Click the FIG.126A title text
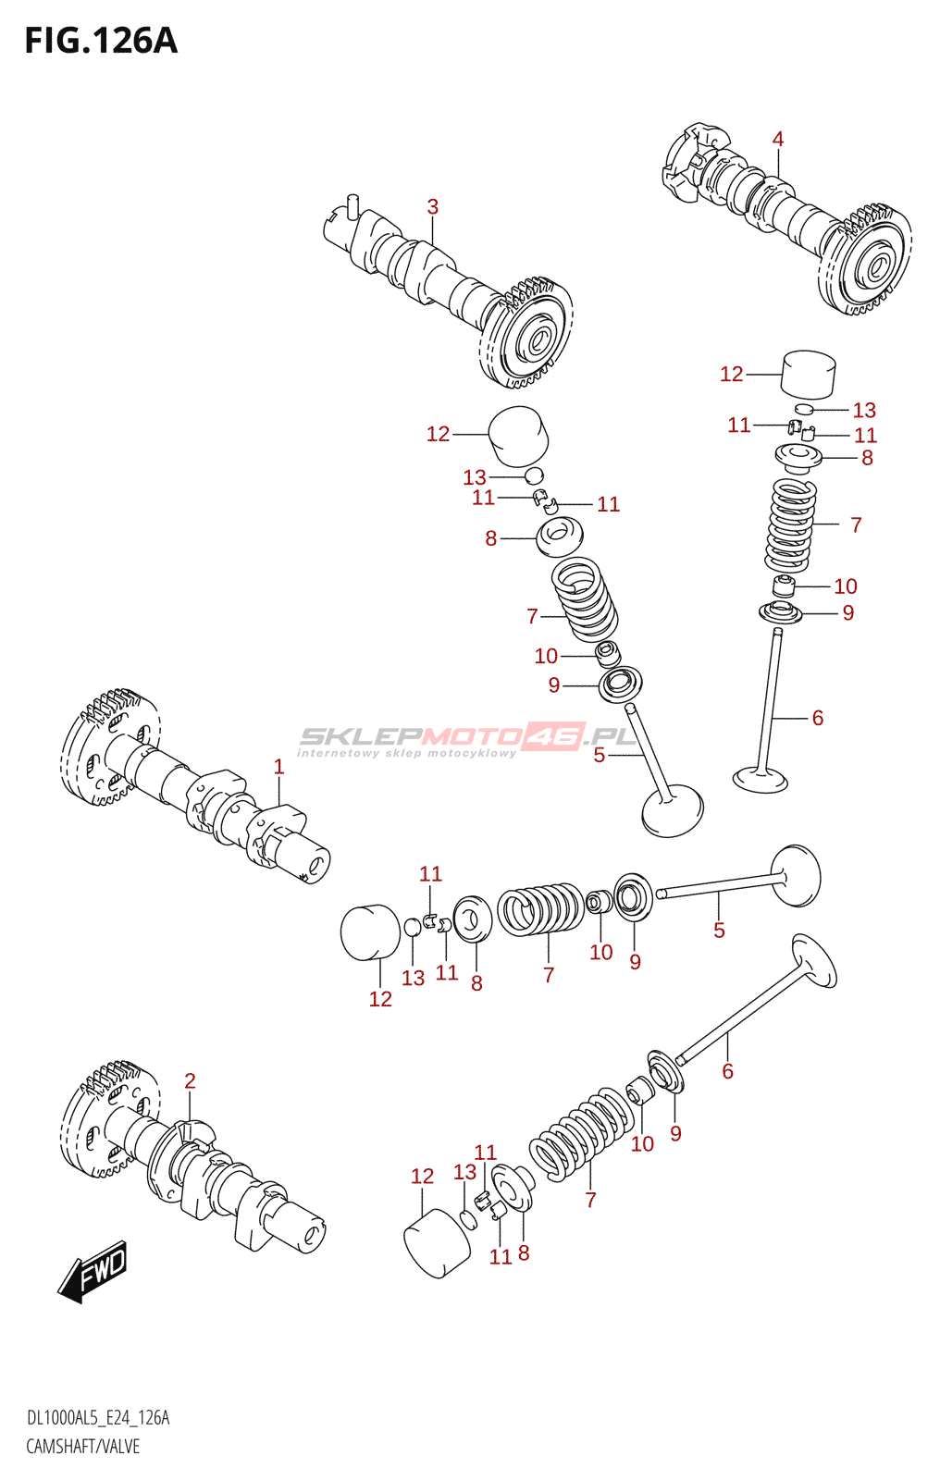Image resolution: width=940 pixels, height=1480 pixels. tap(101, 41)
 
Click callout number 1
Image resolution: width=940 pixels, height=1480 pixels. tap(279, 767)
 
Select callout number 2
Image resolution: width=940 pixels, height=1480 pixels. tap(190, 1081)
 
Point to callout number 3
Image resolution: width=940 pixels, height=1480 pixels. tap(432, 207)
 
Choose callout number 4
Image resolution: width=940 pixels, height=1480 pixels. tap(778, 140)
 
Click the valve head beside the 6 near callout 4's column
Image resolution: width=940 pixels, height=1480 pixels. tap(761, 780)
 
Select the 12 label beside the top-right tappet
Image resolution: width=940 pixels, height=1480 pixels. tap(732, 374)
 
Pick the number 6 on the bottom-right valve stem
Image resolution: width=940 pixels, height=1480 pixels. tap(728, 1071)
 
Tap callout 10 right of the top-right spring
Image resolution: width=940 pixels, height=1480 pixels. tap(846, 586)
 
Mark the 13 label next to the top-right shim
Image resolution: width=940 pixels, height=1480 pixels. tap(864, 411)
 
